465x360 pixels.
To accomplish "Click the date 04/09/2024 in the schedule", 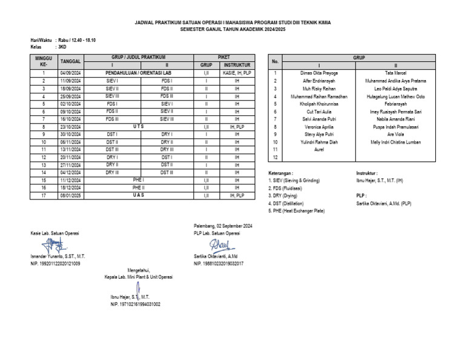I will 70,72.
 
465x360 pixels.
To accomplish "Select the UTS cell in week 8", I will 139,127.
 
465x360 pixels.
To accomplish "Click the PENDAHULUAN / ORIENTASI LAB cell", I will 139,72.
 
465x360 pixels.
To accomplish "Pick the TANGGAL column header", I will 70,61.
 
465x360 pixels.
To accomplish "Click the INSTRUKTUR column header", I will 237,64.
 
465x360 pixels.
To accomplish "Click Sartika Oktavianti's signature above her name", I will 219,245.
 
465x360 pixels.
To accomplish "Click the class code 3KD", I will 62,46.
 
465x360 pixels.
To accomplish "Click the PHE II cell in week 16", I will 139,188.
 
